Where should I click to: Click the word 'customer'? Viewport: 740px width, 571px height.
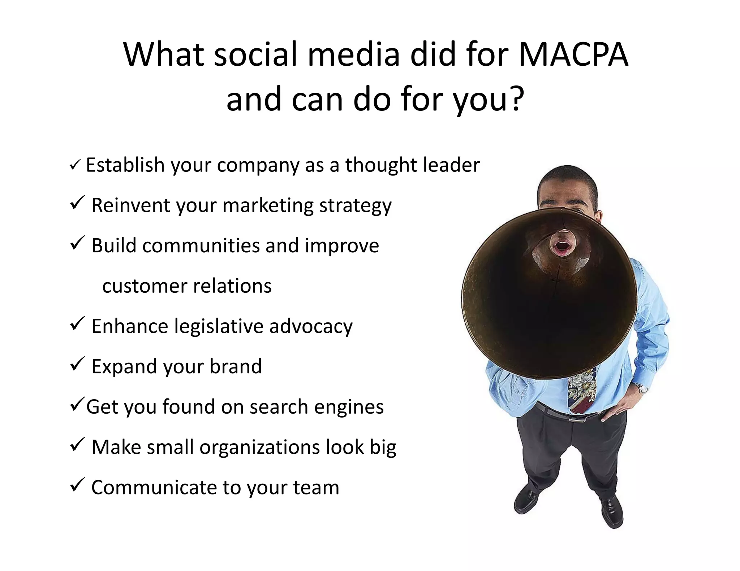[x=145, y=286]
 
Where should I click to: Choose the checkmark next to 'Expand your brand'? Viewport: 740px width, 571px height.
[x=77, y=363]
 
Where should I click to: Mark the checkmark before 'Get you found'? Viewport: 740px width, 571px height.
[x=77, y=404]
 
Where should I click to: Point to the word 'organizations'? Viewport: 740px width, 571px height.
[x=260, y=448]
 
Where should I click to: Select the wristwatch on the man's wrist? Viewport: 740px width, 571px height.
[x=642, y=389]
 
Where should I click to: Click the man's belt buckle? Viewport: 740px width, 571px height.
[x=577, y=419]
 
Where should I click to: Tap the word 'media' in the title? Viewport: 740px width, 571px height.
[x=354, y=55]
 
